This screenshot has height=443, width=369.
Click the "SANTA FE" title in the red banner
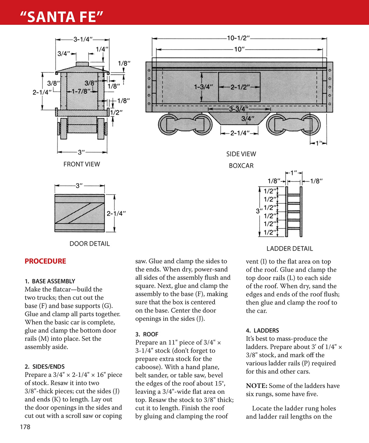62,16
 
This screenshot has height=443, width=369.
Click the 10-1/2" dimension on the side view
238,38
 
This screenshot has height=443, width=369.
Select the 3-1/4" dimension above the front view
83,39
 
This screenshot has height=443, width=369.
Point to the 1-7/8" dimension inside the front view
81,91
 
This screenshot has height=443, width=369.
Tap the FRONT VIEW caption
81,164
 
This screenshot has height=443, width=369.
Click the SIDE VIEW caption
241,154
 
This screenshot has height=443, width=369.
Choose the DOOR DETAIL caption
89,244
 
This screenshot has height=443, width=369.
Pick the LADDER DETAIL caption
289,248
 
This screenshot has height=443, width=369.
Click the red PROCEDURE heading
45,261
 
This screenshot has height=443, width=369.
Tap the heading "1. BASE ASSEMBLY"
50,281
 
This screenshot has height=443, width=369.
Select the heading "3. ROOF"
147,334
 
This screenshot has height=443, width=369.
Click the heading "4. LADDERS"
262,331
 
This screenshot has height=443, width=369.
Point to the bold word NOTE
256,386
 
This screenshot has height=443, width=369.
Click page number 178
25,427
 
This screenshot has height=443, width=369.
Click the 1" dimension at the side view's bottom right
319,143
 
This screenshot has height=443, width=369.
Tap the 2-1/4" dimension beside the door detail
116,213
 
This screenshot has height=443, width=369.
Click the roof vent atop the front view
82,64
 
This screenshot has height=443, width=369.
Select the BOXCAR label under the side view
241,166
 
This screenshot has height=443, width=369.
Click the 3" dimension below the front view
81,152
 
